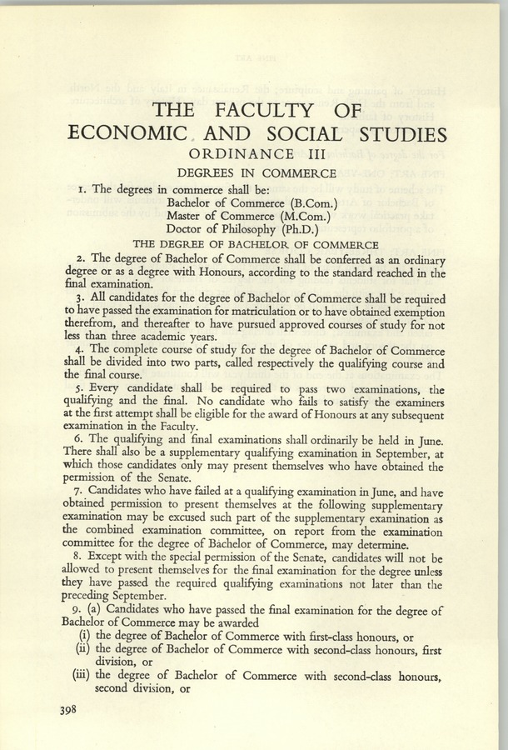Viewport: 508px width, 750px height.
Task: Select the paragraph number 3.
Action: click(79, 298)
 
